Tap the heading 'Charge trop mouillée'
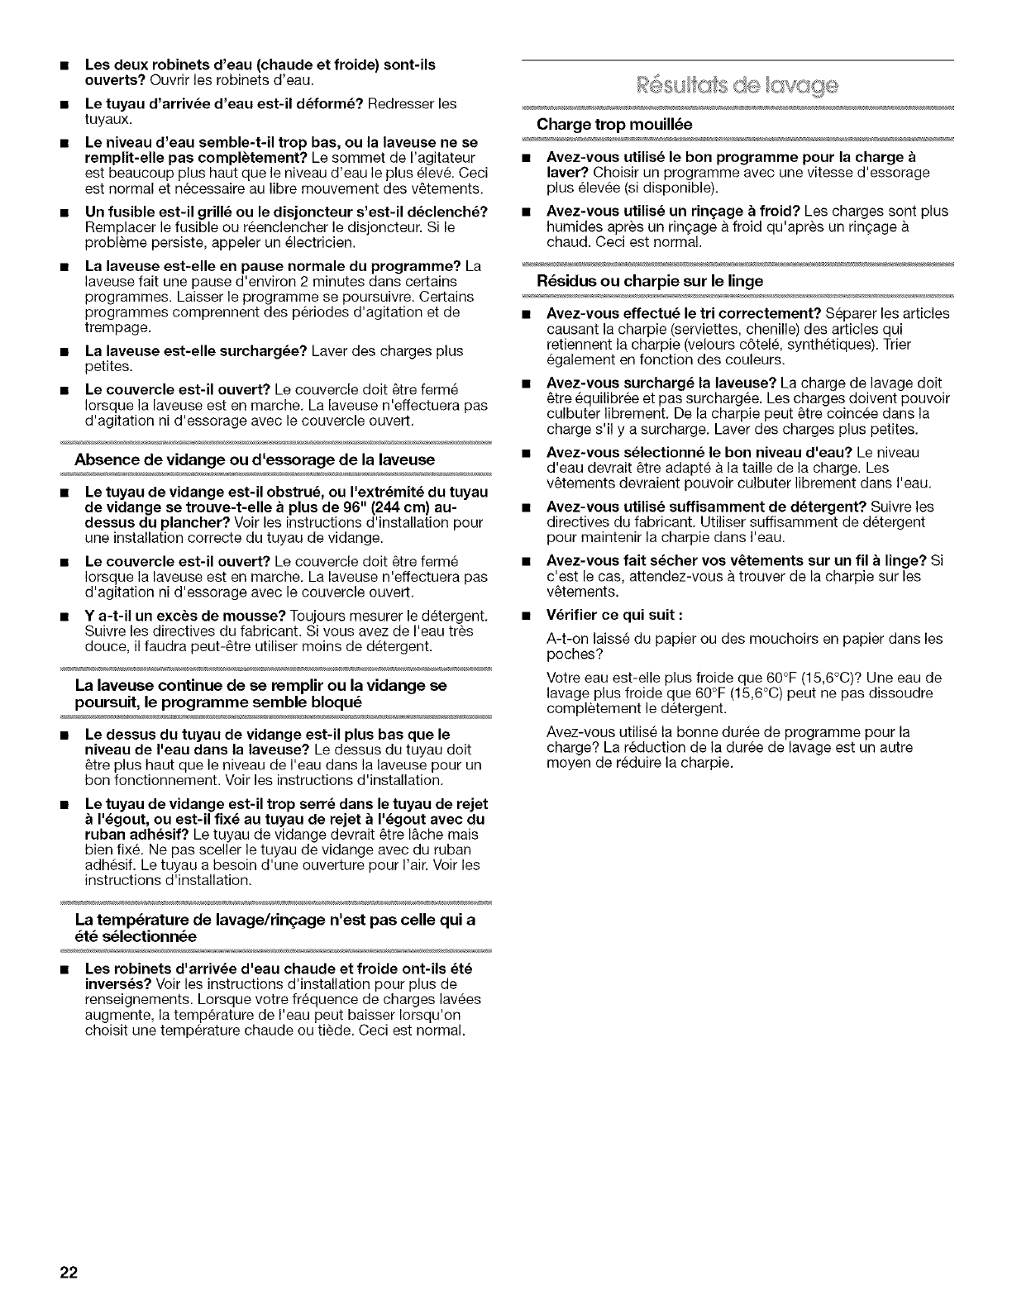point(613,124)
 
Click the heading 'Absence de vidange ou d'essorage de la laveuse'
point(255,459)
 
